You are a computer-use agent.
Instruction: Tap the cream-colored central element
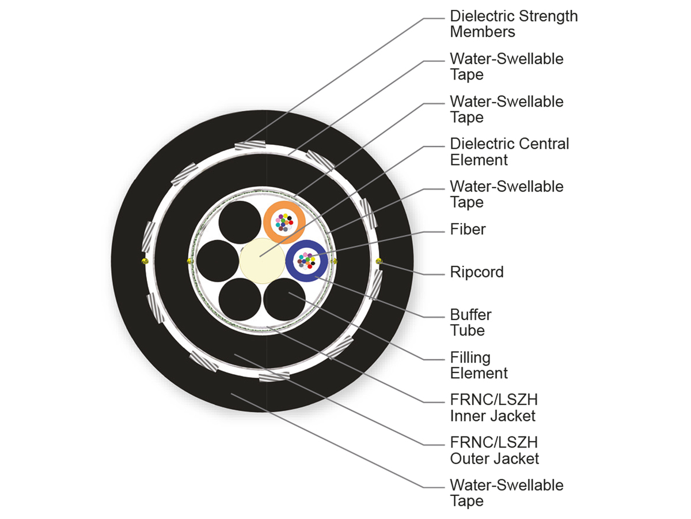261,261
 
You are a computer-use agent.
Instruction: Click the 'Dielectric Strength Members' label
514,24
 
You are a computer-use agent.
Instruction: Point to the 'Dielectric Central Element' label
509,152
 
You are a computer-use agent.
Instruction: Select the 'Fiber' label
468,230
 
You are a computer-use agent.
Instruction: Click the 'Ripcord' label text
476,272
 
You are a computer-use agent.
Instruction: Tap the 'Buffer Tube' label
470,322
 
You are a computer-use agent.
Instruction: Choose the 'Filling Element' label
479,365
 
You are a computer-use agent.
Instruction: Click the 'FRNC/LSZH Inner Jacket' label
493,408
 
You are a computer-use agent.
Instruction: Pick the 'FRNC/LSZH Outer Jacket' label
494,450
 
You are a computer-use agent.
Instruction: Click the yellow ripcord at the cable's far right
378,261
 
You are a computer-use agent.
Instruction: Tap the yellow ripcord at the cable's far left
143,261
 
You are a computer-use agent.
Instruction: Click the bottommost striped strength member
274,377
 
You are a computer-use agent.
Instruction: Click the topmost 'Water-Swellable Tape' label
507,66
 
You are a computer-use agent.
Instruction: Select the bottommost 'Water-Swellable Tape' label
507,492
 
